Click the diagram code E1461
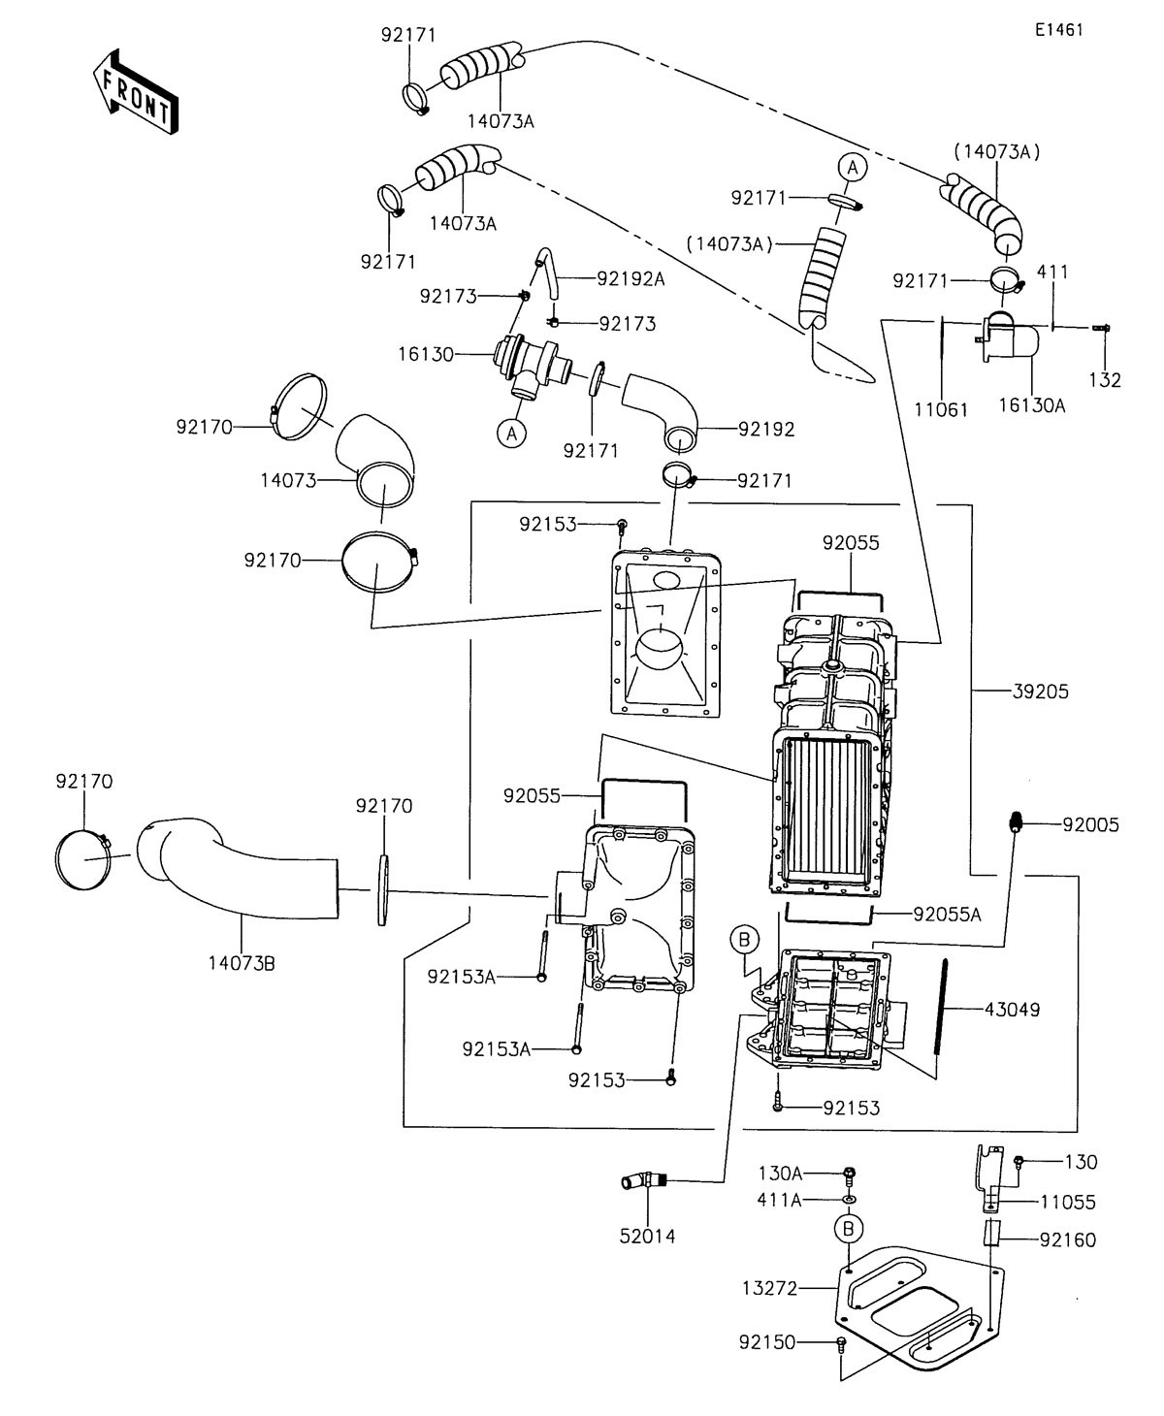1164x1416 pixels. coord(1058,30)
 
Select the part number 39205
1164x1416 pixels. coord(1040,692)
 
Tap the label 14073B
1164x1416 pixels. coord(242,963)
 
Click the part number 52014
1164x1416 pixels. coord(648,1236)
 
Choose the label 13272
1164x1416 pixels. coord(770,1288)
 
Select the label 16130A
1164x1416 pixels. coord(1032,405)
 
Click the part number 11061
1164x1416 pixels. coord(941,409)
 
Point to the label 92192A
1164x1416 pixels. coord(630,278)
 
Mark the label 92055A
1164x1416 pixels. coord(947,915)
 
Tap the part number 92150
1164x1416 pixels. coord(767,1342)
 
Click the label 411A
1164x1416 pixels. coord(779,1200)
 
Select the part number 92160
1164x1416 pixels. coord(1068,1240)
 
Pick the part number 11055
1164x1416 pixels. coord(1068,1203)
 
